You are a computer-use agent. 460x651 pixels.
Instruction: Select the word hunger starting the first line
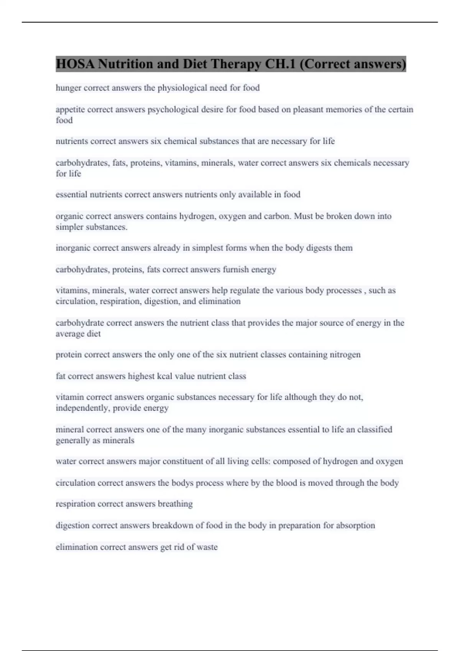click(x=68, y=88)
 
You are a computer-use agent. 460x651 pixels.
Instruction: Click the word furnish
click(x=235, y=270)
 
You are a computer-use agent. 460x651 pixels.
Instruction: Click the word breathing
click(x=175, y=504)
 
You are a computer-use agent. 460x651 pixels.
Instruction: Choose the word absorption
click(x=355, y=525)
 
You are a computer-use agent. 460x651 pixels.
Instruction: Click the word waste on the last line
click(x=207, y=547)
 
